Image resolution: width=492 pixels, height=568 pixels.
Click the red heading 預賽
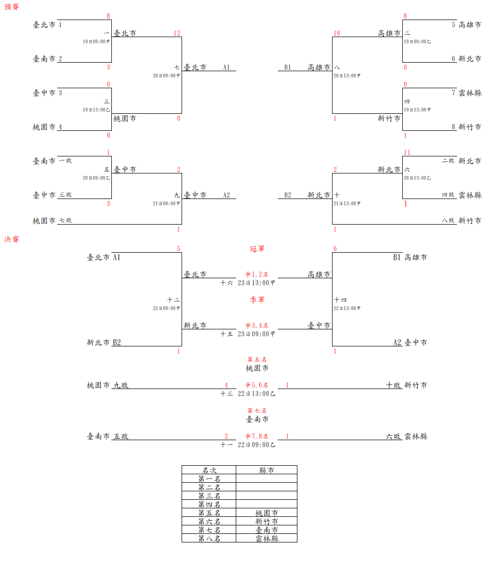(x=12, y=8)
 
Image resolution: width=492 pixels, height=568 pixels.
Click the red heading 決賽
(x=12, y=240)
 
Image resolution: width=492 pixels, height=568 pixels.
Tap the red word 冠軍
(x=257, y=249)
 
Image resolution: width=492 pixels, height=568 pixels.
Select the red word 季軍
(x=257, y=300)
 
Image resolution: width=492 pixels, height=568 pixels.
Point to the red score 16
(x=337, y=33)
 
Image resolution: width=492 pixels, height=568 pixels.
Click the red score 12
(x=177, y=33)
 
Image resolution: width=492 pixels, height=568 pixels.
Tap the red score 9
(x=108, y=135)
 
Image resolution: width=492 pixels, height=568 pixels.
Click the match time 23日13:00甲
(x=256, y=283)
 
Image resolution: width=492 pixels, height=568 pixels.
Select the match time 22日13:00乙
(x=256, y=394)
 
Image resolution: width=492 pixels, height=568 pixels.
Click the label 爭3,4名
(x=256, y=325)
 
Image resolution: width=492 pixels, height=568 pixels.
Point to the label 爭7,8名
(x=256, y=436)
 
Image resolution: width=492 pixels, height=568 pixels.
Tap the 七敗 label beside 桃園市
(x=66, y=221)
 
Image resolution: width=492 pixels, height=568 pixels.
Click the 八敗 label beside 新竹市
(x=448, y=221)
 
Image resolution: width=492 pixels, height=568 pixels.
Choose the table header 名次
(x=209, y=470)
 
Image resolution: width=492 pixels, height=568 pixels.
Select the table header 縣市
(x=266, y=470)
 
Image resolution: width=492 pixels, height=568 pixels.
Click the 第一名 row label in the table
(x=209, y=479)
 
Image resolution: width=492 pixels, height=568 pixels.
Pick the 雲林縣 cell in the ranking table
(x=266, y=538)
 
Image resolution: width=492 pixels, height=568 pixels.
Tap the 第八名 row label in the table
(x=209, y=538)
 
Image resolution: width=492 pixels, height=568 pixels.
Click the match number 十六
(x=227, y=283)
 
